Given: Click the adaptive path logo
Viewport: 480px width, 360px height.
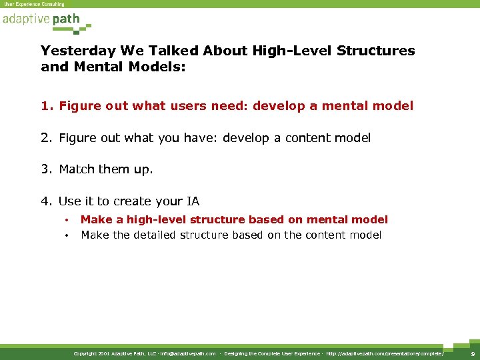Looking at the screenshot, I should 41,19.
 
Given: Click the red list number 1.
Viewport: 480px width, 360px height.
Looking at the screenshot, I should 45,105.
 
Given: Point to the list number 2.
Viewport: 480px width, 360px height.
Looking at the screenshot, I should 46,138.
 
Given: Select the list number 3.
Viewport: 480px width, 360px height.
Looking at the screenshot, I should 46,169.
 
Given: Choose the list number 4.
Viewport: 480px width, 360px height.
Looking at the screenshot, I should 46,201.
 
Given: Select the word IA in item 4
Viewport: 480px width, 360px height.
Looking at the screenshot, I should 192,201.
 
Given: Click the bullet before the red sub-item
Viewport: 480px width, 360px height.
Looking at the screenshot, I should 67,220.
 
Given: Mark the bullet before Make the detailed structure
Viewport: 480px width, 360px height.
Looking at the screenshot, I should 67,235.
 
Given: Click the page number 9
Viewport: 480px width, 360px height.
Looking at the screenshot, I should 473,353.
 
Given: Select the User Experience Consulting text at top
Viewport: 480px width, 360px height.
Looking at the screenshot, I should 34,4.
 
